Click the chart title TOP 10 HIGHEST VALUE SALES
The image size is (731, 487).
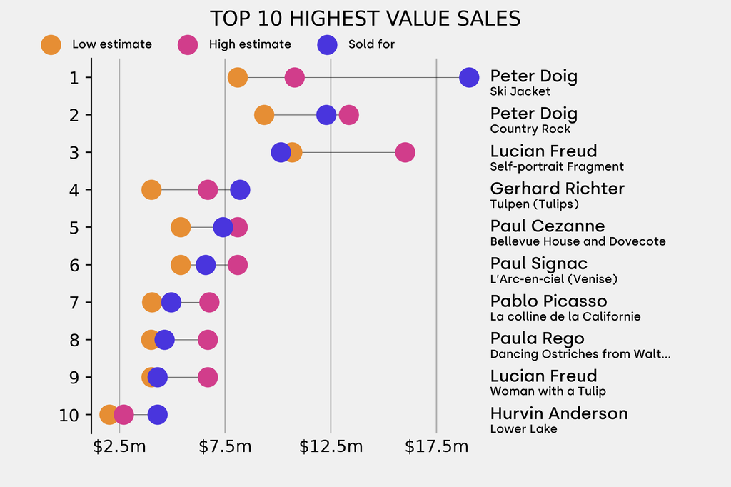pyautogui.click(x=365, y=19)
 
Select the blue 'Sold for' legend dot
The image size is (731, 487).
pyautogui.click(x=327, y=44)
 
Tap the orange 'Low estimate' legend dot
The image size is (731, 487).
pyautogui.click(x=51, y=44)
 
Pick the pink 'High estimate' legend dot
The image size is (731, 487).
pyautogui.click(x=188, y=44)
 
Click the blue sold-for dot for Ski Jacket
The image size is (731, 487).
pyautogui.click(x=468, y=77)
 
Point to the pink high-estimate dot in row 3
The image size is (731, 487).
pyautogui.click(x=405, y=152)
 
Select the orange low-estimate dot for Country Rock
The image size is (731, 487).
pyautogui.click(x=264, y=114)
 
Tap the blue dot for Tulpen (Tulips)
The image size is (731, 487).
pyautogui.click(x=240, y=190)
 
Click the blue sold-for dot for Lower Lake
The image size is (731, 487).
pyautogui.click(x=157, y=414)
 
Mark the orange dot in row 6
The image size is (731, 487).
pyautogui.click(x=181, y=265)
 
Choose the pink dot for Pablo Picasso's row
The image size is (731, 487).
pyautogui.click(x=208, y=302)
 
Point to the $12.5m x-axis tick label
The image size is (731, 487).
pyautogui.click(x=331, y=447)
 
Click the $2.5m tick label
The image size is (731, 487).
pyautogui.click(x=119, y=447)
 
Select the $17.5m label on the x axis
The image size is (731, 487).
pyautogui.click(x=436, y=447)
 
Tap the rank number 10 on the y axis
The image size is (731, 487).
pyautogui.click(x=70, y=415)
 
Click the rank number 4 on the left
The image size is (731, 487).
pyautogui.click(x=74, y=190)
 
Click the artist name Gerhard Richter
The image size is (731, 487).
pyautogui.click(x=557, y=189)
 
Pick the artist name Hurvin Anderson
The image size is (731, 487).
pyautogui.click(x=558, y=413)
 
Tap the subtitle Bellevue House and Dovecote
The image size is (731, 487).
pyautogui.click(x=578, y=241)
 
